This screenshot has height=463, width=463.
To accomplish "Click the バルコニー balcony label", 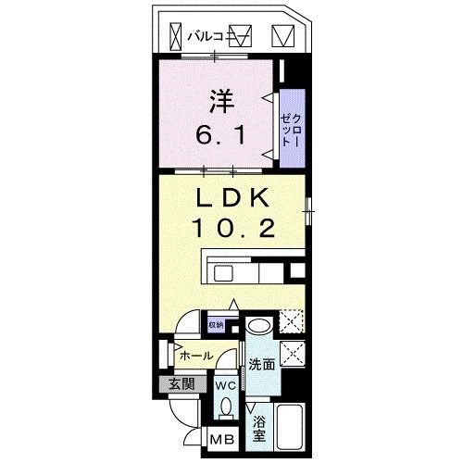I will click(x=206, y=37).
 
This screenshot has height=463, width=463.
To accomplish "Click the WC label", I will click(x=225, y=385).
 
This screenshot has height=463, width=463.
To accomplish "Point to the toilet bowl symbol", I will click(x=225, y=407).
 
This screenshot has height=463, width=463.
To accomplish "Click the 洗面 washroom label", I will click(x=261, y=365).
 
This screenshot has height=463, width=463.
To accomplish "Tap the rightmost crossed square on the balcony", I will click(x=282, y=37).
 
